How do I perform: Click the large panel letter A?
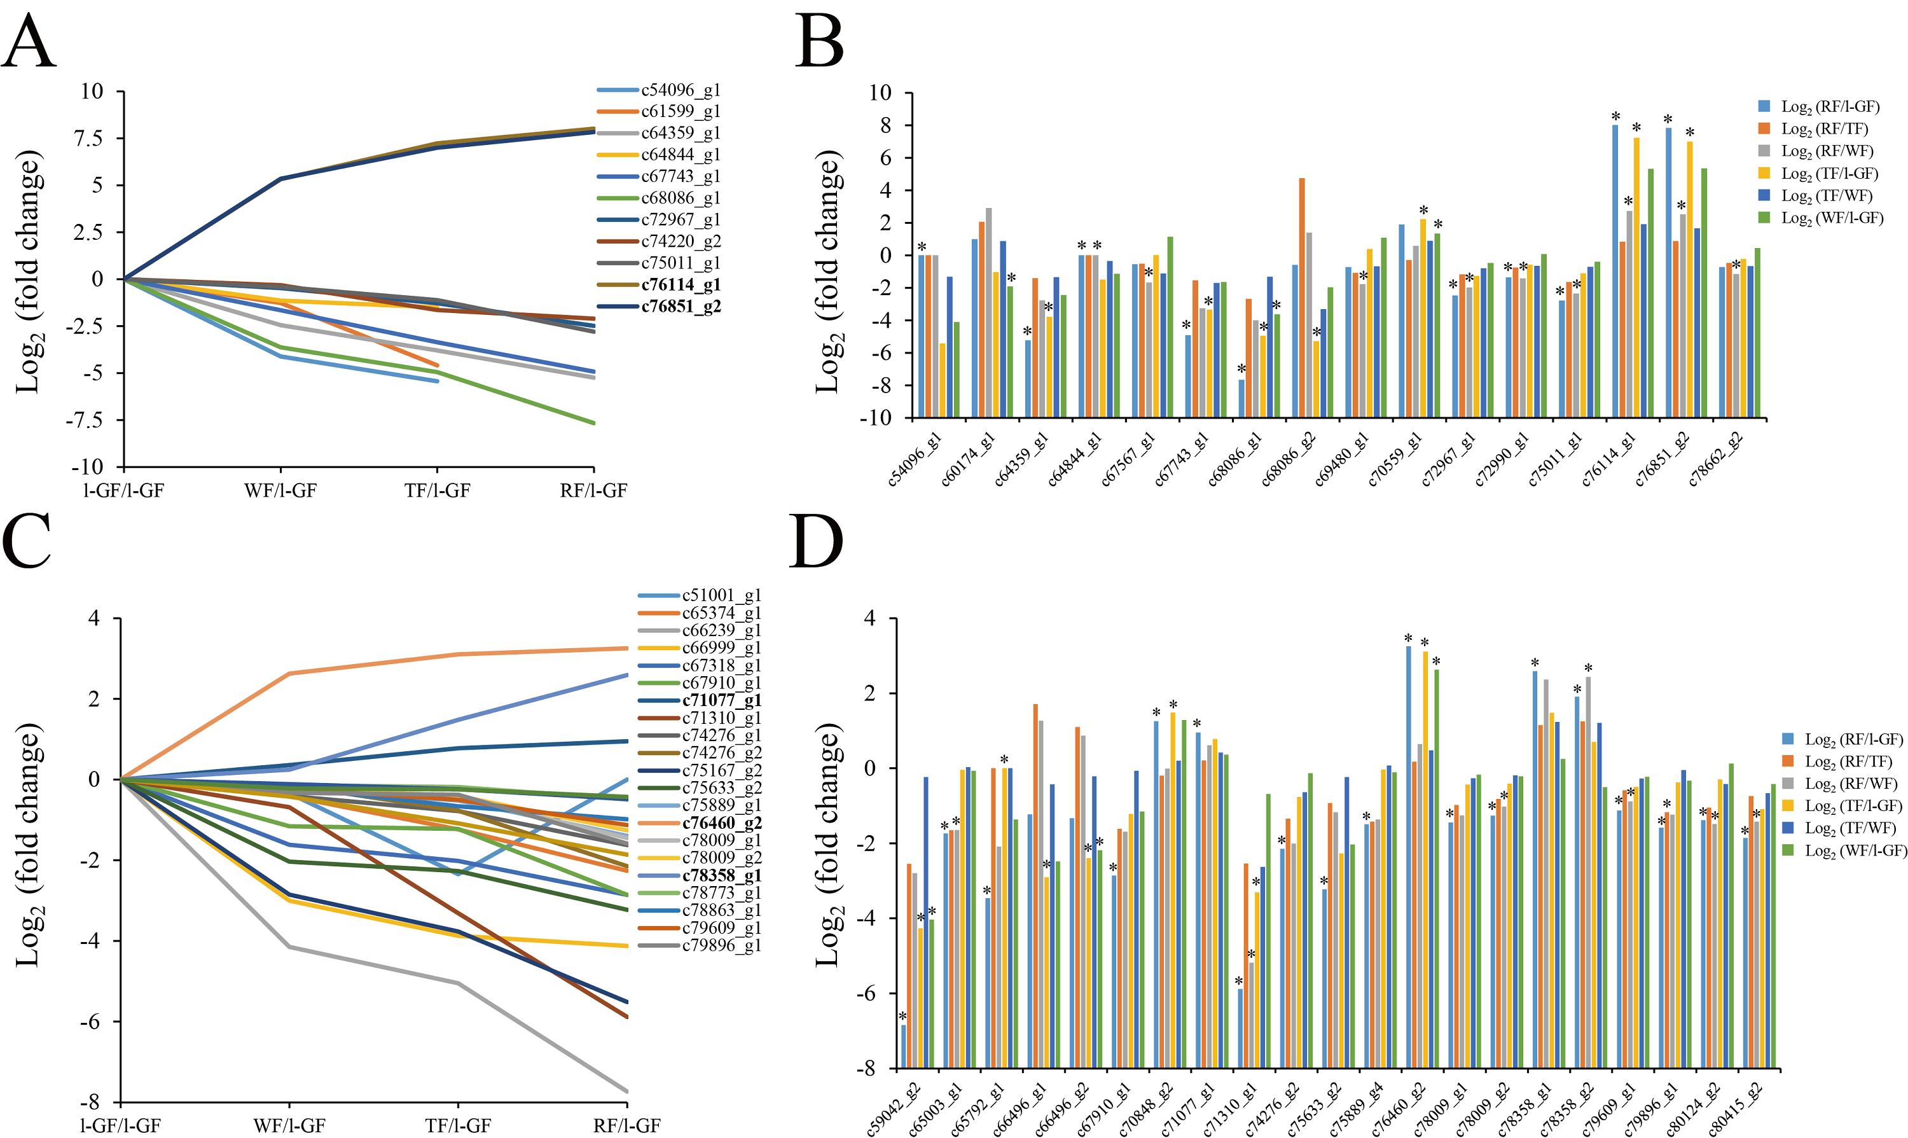click(29, 43)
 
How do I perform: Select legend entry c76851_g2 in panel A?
click(681, 306)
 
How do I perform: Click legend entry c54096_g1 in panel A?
click(681, 90)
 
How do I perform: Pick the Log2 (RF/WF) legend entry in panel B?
click(1827, 151)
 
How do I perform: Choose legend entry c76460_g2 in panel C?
click(721, 823)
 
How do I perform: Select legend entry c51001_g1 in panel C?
click(721, 595)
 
